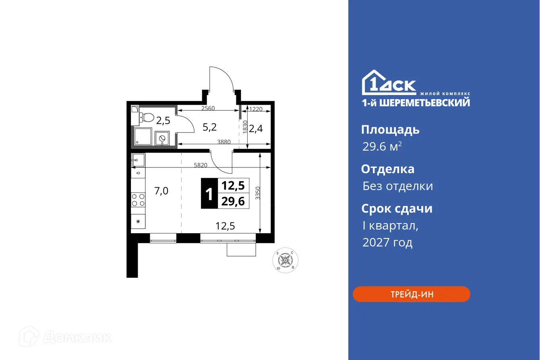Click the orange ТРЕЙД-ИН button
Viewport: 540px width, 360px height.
411,294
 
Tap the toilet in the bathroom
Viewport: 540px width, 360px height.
147,117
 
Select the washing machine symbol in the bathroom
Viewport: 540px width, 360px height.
163,138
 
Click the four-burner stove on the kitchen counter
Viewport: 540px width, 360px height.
138,200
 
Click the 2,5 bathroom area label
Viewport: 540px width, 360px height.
163,120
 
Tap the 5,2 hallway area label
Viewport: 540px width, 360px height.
209,127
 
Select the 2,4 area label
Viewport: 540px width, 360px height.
256,129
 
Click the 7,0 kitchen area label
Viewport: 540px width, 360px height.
161,191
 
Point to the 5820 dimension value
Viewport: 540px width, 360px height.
201,165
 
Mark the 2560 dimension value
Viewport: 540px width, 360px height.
208,108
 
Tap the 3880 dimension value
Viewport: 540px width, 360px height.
224,141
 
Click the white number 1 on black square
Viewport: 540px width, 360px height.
209,194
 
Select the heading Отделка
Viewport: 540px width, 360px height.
387,169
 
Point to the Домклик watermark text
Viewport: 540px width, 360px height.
77,337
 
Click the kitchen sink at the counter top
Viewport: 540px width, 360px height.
138,160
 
